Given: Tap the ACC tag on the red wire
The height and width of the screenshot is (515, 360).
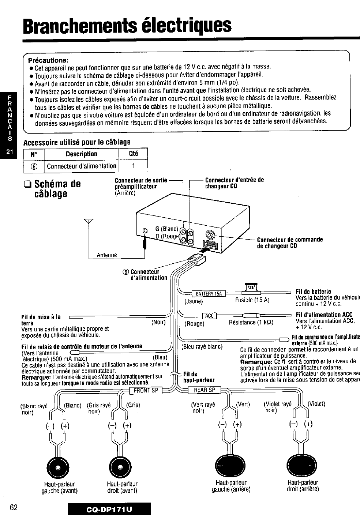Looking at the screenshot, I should [x=209, y=316].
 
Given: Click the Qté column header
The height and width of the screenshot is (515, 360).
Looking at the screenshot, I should [x=133, y=154].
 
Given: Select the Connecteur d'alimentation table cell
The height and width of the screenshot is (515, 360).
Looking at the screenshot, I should [x=82, y=166].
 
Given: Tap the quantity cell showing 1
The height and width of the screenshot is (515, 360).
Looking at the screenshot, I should [x=134, y=166].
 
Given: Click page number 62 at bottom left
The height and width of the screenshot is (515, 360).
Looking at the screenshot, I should [x=14, y=508].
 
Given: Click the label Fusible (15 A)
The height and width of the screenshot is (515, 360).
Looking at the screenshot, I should [x=252, y=300].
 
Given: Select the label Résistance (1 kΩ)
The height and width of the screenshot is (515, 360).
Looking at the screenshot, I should [x=251, y=322].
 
